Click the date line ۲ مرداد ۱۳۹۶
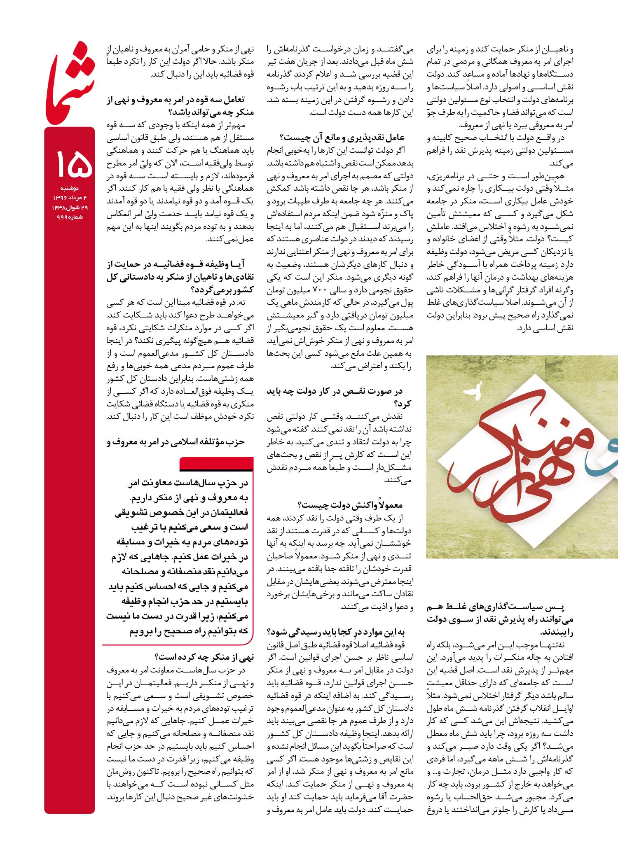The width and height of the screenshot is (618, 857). click(x=70, y=198)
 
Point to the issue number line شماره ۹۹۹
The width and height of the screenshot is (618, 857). click(x=70, y=217)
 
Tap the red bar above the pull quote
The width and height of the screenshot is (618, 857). click(x=216, y=464)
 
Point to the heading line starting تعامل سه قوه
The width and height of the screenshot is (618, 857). click(x=181, y=100)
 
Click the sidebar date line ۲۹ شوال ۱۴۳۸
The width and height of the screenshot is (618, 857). click(x=70, y=208)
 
